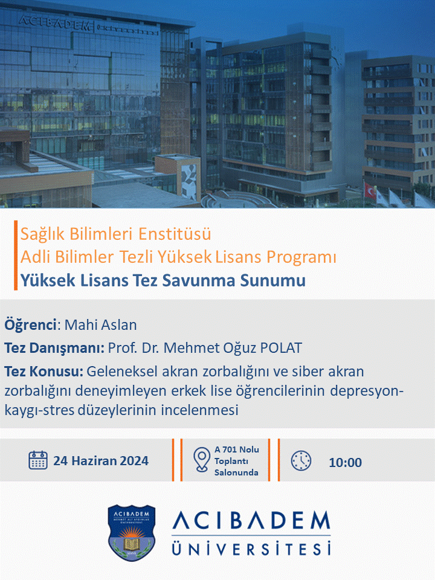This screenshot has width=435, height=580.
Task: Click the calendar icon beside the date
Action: pos(38,460)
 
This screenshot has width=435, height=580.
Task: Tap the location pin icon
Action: pos(202,460)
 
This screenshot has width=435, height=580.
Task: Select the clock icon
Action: pos(301,460)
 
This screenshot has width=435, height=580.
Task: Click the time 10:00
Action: pos(346,462)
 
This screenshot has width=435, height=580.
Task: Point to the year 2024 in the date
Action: pos(134,461)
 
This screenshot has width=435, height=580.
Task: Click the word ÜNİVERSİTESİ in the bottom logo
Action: pos(251,549)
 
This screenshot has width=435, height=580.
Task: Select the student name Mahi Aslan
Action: pos(101,325)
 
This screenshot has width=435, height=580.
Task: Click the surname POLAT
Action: pos(281,348)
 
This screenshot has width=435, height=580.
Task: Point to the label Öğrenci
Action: pos(30,325)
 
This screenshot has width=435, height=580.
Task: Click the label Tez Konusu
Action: pos(43,371)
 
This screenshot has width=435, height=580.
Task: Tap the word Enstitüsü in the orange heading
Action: pos(175,234)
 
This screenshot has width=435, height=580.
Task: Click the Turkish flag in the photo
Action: pos(370,190)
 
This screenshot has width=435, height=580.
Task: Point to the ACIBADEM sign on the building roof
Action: pos(54,23)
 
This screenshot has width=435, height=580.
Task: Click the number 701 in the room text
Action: pos(230,449)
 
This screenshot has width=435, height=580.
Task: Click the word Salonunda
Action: pos(236,472)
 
